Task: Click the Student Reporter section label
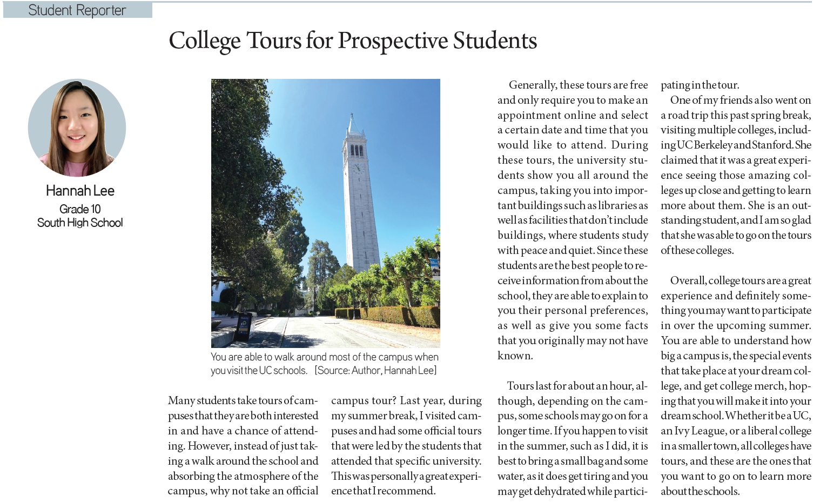(77, 10)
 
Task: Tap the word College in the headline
(204, 41)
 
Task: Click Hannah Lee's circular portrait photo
(77, 128)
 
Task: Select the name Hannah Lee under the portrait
(80, 191)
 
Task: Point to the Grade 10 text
(80, 209)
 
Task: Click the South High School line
(80, 223)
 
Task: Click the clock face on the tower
(356, 168)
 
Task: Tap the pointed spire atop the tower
(352, 122)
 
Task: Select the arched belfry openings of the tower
(357, 150)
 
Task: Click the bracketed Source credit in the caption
(375, 371)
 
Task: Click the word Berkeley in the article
(713, 145)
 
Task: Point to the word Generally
(533, 85)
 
